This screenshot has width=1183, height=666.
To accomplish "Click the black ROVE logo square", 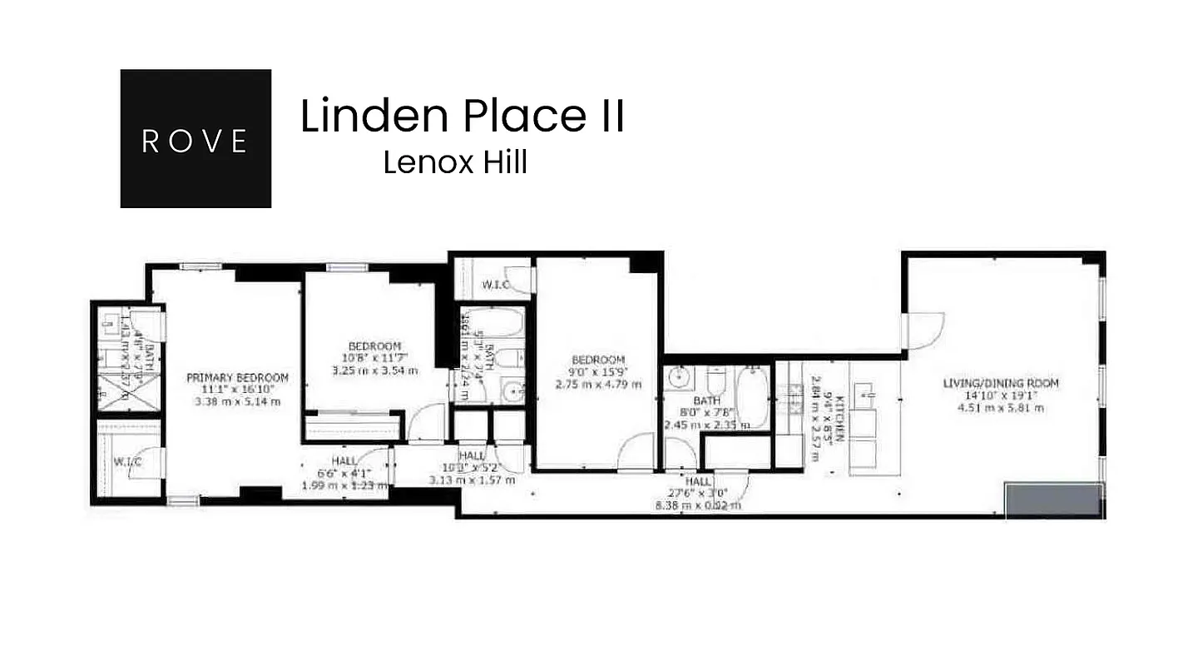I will (x=196, y=138).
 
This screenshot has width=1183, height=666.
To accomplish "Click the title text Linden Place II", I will (x=462, y=116).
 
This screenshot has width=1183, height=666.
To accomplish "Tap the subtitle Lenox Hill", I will (x=455, y=162).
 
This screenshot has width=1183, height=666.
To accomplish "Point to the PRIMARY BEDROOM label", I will (x=237, y=378).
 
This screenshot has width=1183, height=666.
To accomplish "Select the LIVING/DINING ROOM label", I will (x=1001, y=384).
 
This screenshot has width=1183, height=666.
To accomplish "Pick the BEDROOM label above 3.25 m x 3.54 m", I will (x=374, y=346).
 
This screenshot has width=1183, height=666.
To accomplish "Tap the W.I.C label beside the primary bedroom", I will (x=126, y=462).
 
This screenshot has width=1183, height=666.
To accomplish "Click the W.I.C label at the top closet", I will (x=496, y=286).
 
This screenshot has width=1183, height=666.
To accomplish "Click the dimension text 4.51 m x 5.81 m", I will (x=1001, y=408).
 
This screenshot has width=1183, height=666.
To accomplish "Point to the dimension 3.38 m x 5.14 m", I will (x=237, y=401).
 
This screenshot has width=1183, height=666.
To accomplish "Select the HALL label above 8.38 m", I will (x=698, y=482).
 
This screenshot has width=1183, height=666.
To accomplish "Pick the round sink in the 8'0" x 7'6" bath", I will (x=681, y=379).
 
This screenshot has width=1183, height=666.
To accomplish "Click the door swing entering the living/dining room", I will (x=923, y=331).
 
